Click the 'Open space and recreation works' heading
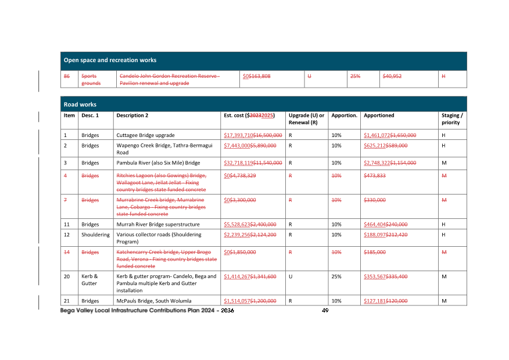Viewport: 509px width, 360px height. point(110,60)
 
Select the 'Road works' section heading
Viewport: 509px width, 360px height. point(80,105)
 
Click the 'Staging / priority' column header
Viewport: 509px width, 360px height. point(452,119)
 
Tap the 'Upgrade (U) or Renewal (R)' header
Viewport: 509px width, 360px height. point(306,119)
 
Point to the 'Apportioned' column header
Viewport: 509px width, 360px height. point(379,116)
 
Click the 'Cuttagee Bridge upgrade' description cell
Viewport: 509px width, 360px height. point(145,135)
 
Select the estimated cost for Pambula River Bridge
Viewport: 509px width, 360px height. point(253,163)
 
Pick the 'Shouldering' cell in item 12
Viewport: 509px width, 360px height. point(95,235)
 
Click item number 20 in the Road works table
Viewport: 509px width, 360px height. point(67,276)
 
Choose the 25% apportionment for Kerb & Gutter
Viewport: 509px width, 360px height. point(336,276)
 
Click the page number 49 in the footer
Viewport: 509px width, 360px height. point(325,311)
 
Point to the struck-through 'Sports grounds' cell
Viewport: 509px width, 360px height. point(90,80)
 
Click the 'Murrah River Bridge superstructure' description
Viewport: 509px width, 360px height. point(158,224)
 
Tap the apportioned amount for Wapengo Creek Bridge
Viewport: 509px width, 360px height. point(385,145)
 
